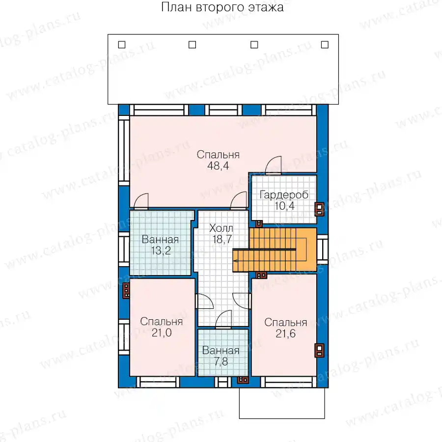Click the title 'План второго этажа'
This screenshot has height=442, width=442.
click(x=222, y=7)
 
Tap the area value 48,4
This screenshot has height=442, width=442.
click(x=218, y=166)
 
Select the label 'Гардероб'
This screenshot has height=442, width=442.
click(x=284, y=195)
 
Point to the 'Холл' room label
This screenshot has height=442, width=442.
click(x=221, y=228)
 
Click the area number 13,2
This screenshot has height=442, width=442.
click(x=161, y=250)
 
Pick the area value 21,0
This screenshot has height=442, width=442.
click(x=162, y=332)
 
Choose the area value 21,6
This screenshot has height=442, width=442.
click(x=285, y=333)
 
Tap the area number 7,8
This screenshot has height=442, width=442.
click(x=221, y=361)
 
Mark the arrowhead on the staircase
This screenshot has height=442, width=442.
click(x=235, y=261)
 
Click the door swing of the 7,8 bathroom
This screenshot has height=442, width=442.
click(x=223, y=319)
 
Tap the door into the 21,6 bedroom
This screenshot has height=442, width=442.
click(x=242, y=301)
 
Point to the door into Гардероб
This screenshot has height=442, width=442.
click(x=274, y=166)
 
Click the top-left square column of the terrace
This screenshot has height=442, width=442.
click(x=122, y=45)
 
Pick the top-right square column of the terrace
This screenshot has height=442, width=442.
click(x=325, y=45)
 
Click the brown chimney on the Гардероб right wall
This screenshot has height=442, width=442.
click(x=319, y=209)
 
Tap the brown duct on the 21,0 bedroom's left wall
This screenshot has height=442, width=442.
click(x=126, y=291)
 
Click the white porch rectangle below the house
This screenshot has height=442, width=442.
click(x=282, y=403)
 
